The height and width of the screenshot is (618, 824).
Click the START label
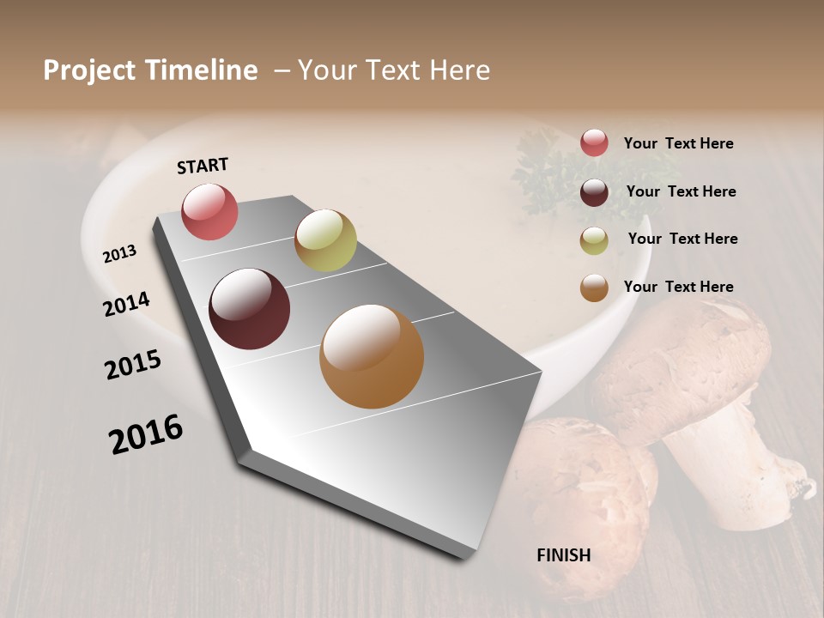(x=203, y=166)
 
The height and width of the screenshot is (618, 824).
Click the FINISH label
(x=564, y=555)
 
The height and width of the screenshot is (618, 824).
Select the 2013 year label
(x=119, y=253)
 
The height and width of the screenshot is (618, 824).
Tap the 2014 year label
(x=126, y=304)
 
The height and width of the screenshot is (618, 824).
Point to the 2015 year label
(x=133, y=365)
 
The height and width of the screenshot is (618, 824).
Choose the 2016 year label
(x=146, y=433)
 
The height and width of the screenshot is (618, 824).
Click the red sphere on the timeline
(x=209, y=211)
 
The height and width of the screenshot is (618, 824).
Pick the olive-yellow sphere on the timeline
(x=325, y=240)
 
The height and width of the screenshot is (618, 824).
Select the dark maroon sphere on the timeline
(x=249, y=309)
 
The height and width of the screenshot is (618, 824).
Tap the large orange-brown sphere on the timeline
(x=372, y=356)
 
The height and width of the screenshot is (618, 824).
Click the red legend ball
(x=594, y=142)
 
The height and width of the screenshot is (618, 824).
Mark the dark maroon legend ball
(x=594, y=192)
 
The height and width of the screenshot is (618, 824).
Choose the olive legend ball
(x=594, y=240)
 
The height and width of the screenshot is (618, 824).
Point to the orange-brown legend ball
(x=594, y=288)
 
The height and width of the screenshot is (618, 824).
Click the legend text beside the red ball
(x=678, y=143)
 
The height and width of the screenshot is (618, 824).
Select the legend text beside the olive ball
(x=682, y=239)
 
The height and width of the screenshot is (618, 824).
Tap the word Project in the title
(x=90, y=70)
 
